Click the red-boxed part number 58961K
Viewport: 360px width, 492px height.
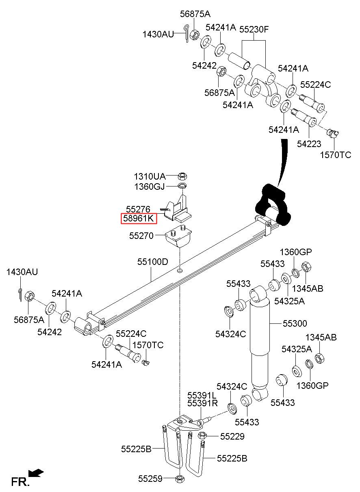click(139, 219)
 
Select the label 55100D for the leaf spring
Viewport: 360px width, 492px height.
click(153, 262)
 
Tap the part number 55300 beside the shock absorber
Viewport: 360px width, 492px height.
click(295, 323)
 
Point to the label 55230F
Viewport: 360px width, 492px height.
click(254, 29)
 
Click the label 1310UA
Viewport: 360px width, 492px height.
click(150, 176)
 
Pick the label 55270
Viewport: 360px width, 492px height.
click(141, 236)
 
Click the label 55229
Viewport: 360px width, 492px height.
click(232, 436)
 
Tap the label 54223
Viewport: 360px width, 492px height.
click(309, 144)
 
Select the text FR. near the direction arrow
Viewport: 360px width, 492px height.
click(20, 482)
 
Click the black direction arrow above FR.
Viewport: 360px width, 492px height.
click(36, 472)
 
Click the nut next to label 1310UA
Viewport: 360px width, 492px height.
click(182, 176)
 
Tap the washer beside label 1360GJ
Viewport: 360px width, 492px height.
click(182, 186)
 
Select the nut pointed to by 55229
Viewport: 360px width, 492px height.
click(202, 436)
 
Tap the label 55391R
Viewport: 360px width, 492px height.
click(202, 403)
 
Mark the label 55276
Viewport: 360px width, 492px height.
click(138, 209)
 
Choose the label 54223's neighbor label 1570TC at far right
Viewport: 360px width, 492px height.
click(335, 155)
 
